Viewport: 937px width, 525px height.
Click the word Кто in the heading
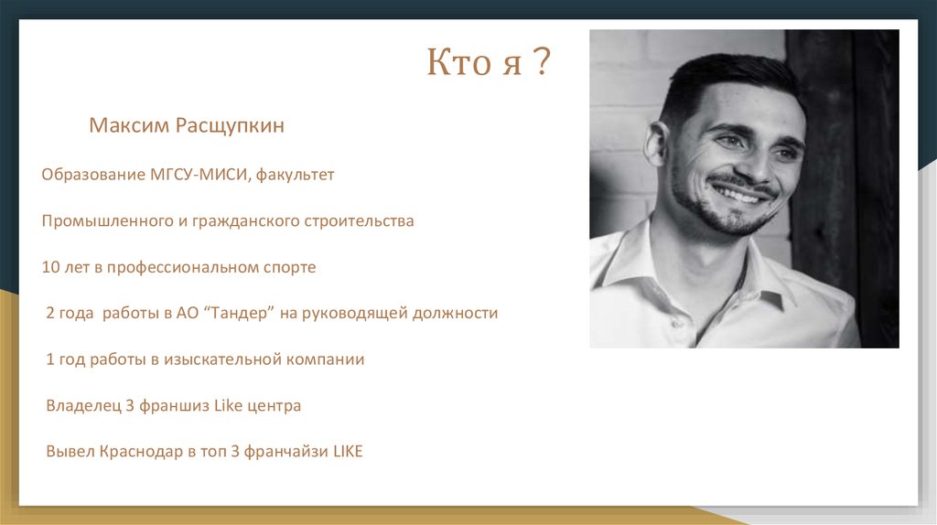click(x=458, y=61)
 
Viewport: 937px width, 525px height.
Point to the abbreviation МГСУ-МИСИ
click(x=199, y=175)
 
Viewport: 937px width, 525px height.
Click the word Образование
click(x=93, y=175)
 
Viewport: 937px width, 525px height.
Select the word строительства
click(x=359, y=221)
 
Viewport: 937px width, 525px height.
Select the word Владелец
click(x=83, y=405)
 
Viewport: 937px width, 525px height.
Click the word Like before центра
click(x=228, y=405)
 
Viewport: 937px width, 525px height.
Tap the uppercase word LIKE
click(x=348, y=451)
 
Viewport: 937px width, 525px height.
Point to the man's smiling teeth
click(x=744, y=194)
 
